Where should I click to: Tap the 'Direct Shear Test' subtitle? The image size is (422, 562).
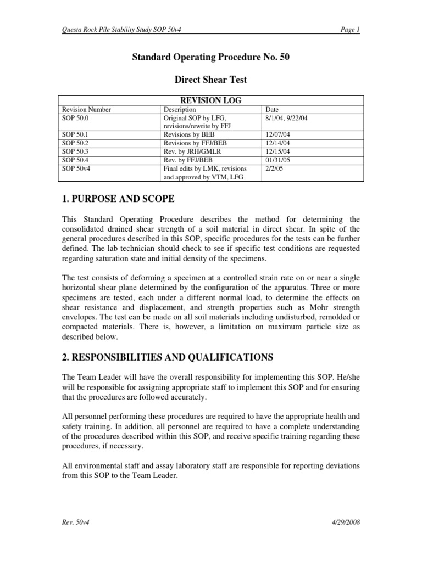point(210,80)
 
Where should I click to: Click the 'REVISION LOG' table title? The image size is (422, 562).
point(210,100)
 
